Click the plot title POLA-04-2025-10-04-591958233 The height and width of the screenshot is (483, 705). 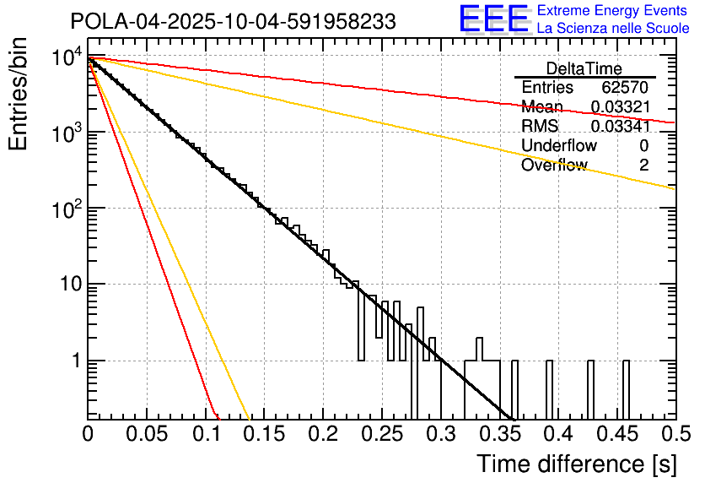(x=232, y=22)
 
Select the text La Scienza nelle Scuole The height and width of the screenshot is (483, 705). (x=613, y=28)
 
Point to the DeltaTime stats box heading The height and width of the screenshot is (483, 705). (x=584, y=68)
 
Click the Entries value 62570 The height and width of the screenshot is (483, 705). (x=625, y=88)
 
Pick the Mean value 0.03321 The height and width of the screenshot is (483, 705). (x=620, y=107)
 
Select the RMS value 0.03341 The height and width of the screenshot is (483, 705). (x=620, y=127)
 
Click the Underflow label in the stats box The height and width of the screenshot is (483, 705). (x=559, y=146)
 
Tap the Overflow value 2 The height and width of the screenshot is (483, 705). (x=643, y=166)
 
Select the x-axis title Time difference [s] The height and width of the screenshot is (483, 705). (x=576, y=464)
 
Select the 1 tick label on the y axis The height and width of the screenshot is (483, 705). (x=74, y=361)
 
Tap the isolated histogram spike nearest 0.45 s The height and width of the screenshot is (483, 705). (x=626, y=388)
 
